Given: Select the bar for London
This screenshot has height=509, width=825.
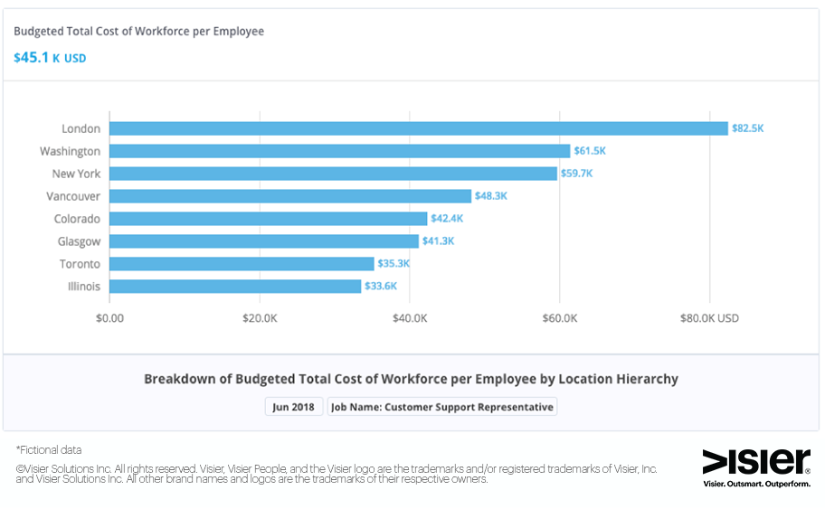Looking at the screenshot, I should pos(418,128).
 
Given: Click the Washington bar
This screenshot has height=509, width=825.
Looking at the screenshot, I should pos(339,151).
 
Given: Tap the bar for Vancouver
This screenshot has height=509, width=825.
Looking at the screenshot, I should pos(290,196).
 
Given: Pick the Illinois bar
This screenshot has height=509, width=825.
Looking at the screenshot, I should pos(235,287).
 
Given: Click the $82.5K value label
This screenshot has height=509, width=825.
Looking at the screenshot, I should pos(748,128).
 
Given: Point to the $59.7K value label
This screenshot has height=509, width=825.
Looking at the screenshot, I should pos(577,174).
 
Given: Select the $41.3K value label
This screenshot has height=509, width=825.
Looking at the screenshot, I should pos(438,241).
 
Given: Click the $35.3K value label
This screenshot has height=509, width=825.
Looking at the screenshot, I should pos(394,264).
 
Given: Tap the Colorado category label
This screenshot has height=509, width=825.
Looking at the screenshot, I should pos(77,219).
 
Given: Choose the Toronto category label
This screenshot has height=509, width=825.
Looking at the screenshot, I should pos(81,264).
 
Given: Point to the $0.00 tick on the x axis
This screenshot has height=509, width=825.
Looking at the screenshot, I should pos(109,318).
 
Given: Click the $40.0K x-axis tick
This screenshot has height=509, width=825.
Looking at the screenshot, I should pos(410,318).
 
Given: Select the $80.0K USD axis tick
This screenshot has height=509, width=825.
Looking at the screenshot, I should pos(709,318).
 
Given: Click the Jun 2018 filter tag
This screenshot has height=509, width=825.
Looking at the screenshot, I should pos(294,407).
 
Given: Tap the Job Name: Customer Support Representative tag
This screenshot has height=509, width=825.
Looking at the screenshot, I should pos(442,407).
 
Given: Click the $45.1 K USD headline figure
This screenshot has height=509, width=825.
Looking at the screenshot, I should pos(50,58).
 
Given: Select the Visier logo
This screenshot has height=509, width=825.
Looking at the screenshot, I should pos(756,462).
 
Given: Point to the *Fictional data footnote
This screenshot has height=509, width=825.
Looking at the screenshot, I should pos(49,449).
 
